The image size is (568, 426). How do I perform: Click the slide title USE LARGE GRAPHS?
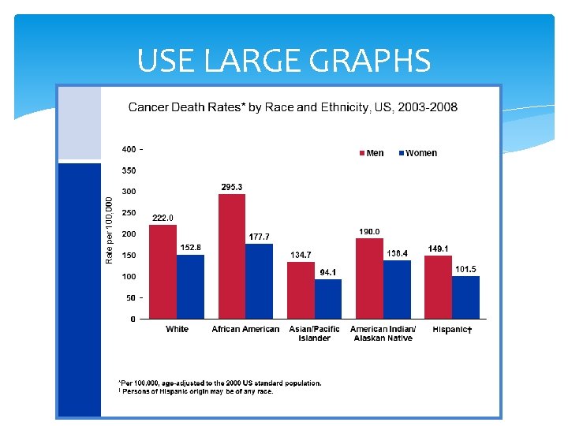coord(284,61)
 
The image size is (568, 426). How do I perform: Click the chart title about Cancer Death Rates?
coord(293,106)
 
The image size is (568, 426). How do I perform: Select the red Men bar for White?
coord(163,271)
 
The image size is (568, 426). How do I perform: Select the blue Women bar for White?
coord(190,286)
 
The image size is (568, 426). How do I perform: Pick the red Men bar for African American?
coord(232,256)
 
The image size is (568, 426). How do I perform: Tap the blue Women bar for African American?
coord(259,281)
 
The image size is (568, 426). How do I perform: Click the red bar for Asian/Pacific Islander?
coord(301,290)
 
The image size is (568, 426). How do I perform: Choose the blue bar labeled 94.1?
coord(328,299)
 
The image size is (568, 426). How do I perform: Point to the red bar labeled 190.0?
coord(369,278)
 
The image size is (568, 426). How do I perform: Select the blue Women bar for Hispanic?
coord(465,297)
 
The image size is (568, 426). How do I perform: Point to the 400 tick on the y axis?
coord(128,149)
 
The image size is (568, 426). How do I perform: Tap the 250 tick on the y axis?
coord(128,213)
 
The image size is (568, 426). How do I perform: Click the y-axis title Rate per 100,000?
coord(110,230)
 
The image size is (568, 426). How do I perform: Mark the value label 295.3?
coord(231,187)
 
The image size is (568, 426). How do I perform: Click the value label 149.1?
coord(439,248)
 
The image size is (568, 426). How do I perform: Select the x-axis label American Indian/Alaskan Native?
coord(380,334)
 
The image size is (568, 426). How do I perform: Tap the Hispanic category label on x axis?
coord(451,329)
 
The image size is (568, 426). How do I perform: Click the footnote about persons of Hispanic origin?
coord(197,391)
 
